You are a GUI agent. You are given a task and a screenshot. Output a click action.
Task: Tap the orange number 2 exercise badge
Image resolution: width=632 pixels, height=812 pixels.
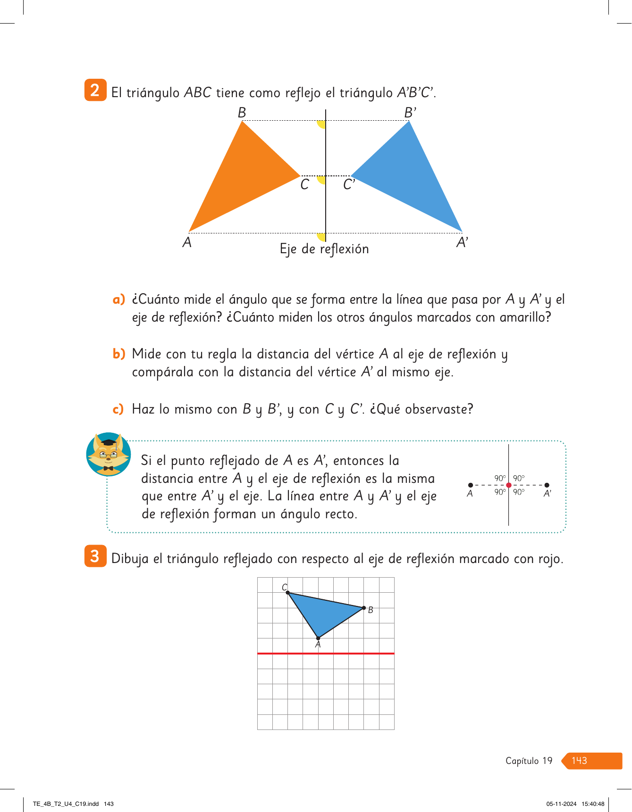[95, 90]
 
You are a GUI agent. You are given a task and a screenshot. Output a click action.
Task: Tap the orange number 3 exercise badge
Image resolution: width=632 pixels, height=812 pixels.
[95, 556]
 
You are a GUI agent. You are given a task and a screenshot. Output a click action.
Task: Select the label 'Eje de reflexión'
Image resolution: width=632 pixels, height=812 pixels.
[324, 249]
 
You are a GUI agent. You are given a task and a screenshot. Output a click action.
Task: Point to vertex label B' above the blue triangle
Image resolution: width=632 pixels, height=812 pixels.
[410, 113]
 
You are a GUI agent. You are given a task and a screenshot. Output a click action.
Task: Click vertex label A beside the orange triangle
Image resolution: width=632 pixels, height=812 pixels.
[187, 242]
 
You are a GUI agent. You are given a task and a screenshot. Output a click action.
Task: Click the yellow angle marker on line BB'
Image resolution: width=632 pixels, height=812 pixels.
[322, 124]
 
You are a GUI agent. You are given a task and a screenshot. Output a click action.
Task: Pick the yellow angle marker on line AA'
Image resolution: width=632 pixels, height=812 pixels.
[321, 237]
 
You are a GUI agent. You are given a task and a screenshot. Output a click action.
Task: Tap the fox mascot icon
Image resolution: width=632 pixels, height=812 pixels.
[109, 454]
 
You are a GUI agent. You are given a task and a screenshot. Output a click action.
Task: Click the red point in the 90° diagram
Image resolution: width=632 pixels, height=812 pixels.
[508, 485]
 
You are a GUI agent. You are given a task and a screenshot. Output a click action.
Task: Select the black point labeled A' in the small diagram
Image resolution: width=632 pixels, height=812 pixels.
[547, 485]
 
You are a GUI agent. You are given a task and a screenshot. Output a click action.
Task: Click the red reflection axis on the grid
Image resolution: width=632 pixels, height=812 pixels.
[326, 654]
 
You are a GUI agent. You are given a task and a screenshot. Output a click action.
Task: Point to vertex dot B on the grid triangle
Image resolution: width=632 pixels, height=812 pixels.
[364, 608]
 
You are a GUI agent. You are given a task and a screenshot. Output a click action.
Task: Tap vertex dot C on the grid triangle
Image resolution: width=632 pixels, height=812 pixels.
[288, 593]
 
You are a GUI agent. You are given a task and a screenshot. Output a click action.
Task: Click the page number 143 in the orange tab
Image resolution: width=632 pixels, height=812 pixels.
[579, 761]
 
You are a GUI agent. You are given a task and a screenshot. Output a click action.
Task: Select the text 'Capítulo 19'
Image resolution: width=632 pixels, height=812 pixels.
[529, 761]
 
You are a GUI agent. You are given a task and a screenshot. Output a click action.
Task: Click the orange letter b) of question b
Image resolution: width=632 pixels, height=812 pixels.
[119, 354]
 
